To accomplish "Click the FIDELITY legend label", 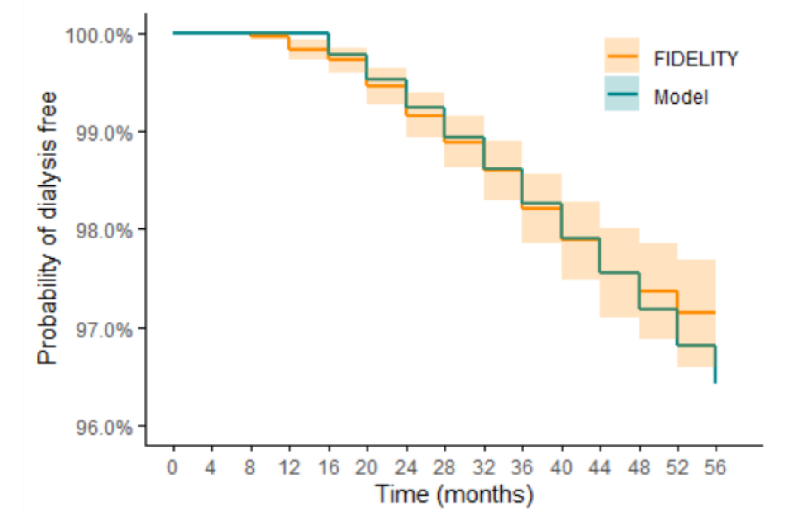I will [695, 58].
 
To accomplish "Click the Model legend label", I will [681, 97].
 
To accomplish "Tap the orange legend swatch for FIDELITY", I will [622, 55].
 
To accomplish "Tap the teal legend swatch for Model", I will [622, 93].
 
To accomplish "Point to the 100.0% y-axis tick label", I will [98, 36].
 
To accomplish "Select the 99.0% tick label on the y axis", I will [103, 133].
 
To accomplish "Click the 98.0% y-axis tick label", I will [103, 230].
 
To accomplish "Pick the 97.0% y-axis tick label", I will [103, 330].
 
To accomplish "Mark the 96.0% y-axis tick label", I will [103, 427].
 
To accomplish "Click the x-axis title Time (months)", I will [454, 494].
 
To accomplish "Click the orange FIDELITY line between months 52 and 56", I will [696, 313].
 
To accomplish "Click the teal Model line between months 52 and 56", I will [696, 345].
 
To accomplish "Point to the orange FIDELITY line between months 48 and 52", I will [659, 291].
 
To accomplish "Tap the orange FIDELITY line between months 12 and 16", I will [308, 49].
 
